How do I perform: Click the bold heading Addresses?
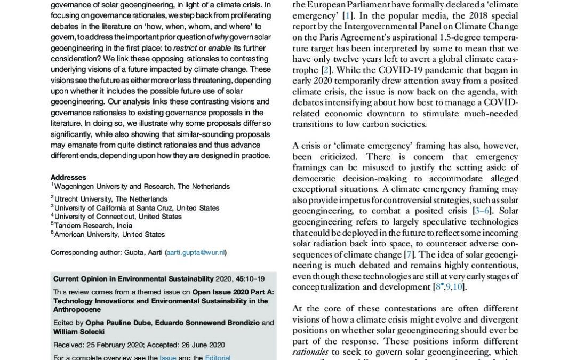pyautogui.click(x=68, y=178)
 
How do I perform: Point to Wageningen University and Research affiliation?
pyautogui.click(x=142, y=187)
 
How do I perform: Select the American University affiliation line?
pyautogui.click(x=109, y=234)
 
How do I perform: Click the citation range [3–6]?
pyautogui.click(x=482, y=211)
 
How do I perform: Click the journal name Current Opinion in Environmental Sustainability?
pyautogui.click(x=133, y=279)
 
